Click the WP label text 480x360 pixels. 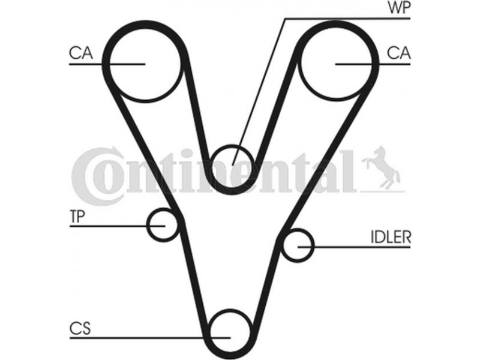point(399,7)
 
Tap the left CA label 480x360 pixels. point(81,53)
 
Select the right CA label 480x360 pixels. point(398,53)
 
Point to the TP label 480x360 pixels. point(77,217)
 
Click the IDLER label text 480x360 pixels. point(391,236)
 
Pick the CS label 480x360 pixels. point(80,328)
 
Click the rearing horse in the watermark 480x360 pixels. point(383,167)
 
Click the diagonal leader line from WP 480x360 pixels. point(259,92)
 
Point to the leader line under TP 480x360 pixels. point(118,226)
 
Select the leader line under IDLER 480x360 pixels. point(354,247)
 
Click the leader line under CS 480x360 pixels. point(150,338)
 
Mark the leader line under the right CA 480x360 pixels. point(373,64)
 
